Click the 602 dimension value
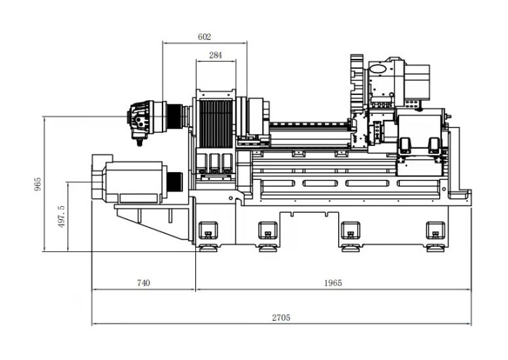click(204, 37)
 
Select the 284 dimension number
click(216, 55)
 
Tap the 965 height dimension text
click(38, 184)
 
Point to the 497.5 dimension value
click(62, 216)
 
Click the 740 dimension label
click(144, 283)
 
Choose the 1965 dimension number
click(333, 283)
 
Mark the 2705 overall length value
click(281, 318)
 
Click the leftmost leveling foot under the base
click(208, 248)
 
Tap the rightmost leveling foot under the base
click(435, 248)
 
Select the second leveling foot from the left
click(268, 248)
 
